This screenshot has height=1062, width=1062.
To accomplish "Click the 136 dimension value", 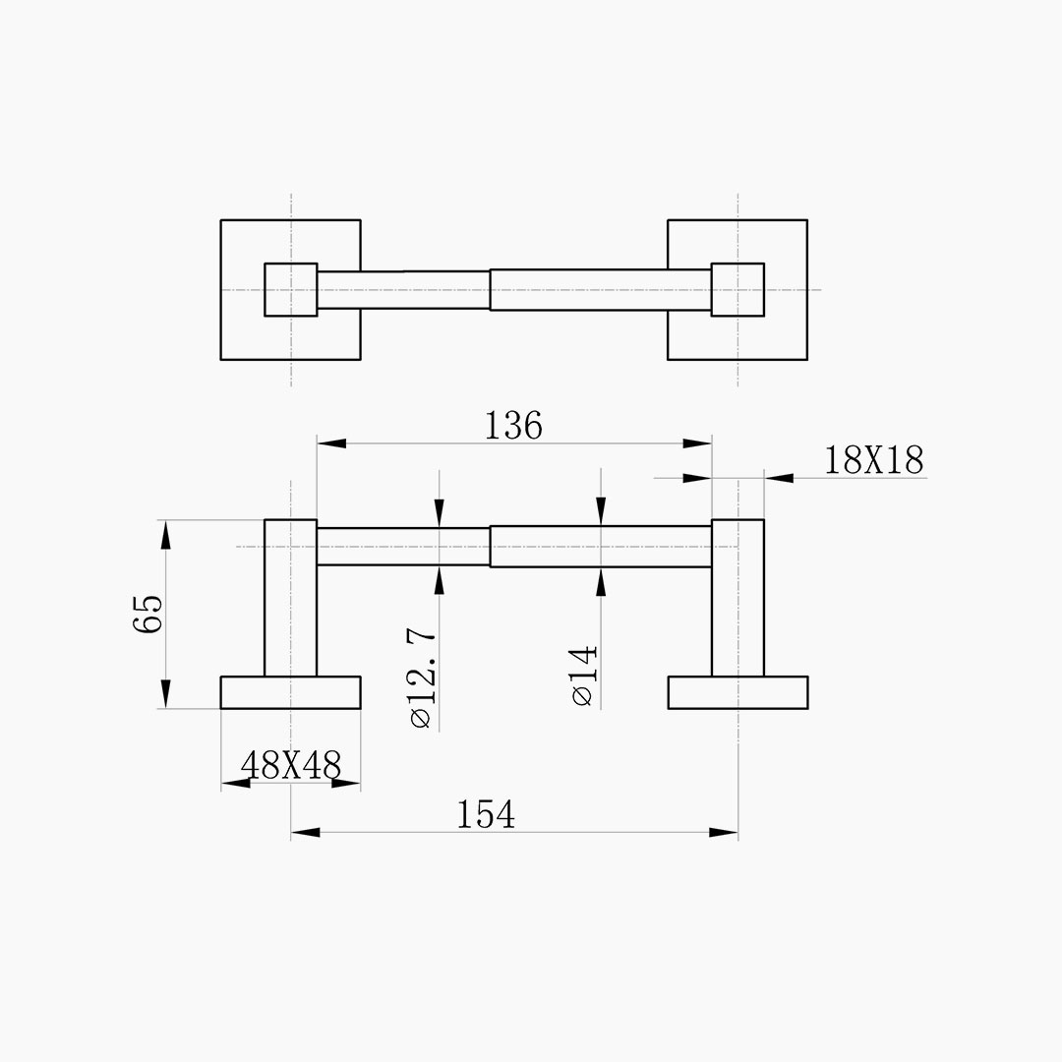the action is click(x=513, y=427).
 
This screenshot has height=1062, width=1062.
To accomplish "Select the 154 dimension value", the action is click(x=486, y=815).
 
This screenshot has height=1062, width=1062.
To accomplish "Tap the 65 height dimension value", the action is click(x=148, y=614).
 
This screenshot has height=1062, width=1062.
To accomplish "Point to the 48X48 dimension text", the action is click(x=291, y=765).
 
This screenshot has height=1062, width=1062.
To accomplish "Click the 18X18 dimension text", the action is click(x=874, y=460).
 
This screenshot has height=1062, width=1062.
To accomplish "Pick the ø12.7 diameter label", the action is click(x=423, y=678).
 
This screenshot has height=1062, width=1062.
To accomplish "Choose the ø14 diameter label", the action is click(x=585, y=677).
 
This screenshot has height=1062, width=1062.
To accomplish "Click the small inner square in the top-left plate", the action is click(x=290, y=290).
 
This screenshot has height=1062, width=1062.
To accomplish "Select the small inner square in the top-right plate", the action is click(x=737, y=290).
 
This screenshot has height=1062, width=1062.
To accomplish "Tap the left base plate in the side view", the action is click(x=290, y=692).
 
